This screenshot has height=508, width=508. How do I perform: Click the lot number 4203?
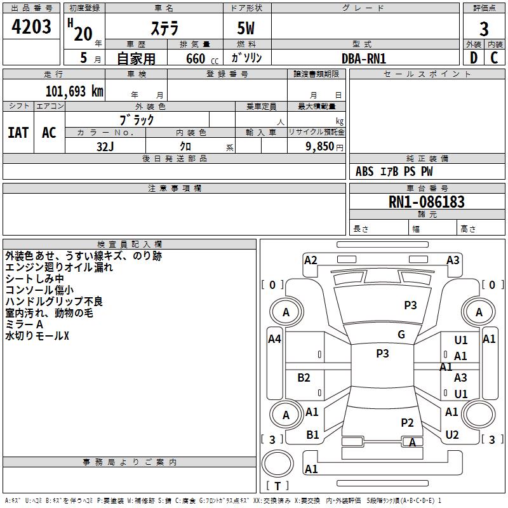pyautogui.click(x=31, y=27)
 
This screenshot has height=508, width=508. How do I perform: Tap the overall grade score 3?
pyautogui.click(x=484, y=29)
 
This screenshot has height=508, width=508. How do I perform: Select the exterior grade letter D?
pyautogui.click(x=474, y=58)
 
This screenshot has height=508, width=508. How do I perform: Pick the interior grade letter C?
pyautogui.click(x=495, y=58)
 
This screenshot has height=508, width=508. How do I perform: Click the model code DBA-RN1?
pyautogui.click(x=364, y=58)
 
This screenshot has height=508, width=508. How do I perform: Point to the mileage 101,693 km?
pyautogui.click(x=74, y=91)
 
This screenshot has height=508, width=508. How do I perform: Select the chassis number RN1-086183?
pyautogui.click(x=426, y=202)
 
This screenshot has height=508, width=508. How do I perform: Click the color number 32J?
pyautogui.click(x=105, y=147)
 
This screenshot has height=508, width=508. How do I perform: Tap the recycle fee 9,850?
pyautogui.click(x=320, y=147)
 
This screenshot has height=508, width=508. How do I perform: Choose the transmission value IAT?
pyautogui.click(x=18, y=133)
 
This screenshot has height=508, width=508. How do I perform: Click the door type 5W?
pyautogui.click(x=246, y=28)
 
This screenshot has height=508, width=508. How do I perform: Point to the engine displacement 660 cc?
pyautogui.click(x=203, y=59)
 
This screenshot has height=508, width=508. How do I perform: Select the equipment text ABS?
pyautogui.click(x=364, y=171)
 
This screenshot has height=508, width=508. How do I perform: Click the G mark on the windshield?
pyautogui.click(x=401, y=335)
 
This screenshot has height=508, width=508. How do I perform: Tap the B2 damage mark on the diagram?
pyautogui.click(x=304, y=378)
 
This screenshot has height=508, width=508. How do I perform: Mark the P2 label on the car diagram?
pyautogui.click(x=407, y=423)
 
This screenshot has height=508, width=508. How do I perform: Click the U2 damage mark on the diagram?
pyautogui.click(x=452, y=435)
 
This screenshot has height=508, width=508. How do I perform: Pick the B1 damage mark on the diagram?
pyautogui.click(x=312, y=435)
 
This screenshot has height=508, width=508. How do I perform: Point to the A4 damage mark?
pyautogui.click(x=274, y=339)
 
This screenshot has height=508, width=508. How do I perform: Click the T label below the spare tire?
pyautogui.click(x=277, y=486)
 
